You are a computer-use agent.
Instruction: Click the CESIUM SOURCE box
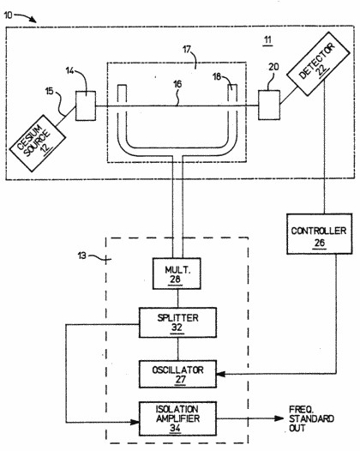tap(38, 143)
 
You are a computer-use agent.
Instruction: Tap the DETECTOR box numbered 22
tap(318, 63)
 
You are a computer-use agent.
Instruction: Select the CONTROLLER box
tap(319, 233)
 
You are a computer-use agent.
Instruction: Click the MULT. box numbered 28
tap(177, 274)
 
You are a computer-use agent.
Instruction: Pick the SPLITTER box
tap(177, 322)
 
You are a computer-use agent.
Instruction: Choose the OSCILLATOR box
tap(177, 374)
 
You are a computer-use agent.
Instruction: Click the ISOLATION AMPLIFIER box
tap(177, 418)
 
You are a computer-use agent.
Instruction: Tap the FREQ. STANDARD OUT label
tap(311, 418)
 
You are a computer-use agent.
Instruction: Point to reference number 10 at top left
tap(8, 15)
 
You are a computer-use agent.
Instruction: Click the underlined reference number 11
tap(267, 39)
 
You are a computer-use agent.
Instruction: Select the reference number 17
tap(187, 50)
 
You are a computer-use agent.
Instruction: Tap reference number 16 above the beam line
tap(177, 84)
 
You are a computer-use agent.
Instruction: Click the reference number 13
tap(82, 256)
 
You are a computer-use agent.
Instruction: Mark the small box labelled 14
tap(86, 105)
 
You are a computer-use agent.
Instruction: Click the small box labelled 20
tap(269, 105)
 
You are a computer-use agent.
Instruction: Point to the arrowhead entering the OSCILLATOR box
tap(221, 374)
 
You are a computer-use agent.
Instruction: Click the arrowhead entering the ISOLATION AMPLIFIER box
tap(135, 422)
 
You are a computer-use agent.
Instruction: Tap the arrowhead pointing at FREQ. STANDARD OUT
tap(279, 418)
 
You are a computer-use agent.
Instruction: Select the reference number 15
tap(50, 92)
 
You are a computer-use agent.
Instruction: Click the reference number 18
tap(217, 76)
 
